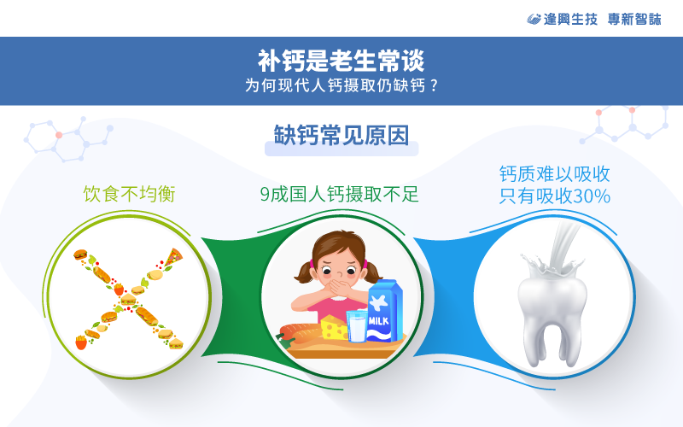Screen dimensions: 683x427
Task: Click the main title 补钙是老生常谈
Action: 341,60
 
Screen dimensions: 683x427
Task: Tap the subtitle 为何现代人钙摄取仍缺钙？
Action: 341,85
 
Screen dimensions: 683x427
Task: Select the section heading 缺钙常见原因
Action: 341,135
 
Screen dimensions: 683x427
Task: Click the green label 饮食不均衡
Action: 130,194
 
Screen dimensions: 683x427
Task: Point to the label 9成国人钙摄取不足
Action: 339,194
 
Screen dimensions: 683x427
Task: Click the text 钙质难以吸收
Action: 554,174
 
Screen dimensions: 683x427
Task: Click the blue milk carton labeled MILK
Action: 383,311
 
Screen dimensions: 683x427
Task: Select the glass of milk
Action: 357,326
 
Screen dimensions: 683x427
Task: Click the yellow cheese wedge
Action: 334,327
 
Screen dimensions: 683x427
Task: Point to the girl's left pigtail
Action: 305,271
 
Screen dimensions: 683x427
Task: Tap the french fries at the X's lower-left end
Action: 81,342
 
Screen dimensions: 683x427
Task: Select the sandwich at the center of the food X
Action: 128,299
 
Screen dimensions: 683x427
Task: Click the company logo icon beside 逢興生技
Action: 534,19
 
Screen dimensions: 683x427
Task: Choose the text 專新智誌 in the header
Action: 634,19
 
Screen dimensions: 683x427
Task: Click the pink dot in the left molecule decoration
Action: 59,135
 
